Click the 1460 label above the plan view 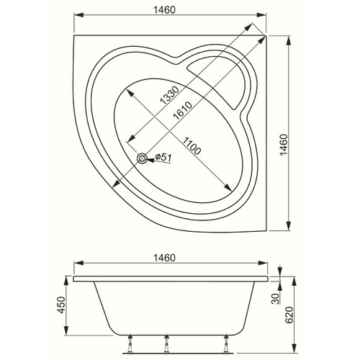tap(164, 10)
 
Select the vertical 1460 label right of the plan tap(284, 145)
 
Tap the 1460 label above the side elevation tap(164, 258)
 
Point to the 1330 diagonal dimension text tap(169, 95)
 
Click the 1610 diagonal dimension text tap(183, 111)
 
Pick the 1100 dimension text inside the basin tap(191, 145)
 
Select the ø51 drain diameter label tap(163, 158)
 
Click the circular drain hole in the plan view tap(142, 158)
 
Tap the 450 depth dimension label tap(61, 305)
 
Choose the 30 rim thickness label tap(276, 299)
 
